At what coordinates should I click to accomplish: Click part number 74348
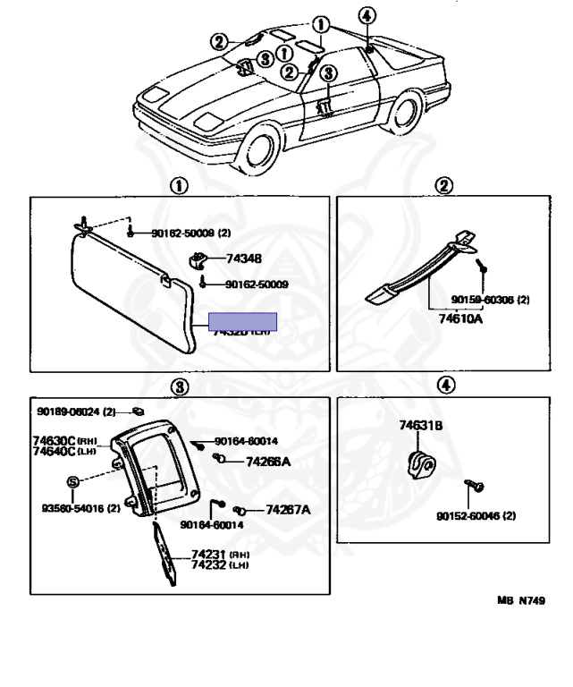(244, 259)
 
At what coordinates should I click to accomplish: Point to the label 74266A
(268, 462)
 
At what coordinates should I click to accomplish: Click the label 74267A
(288, 510)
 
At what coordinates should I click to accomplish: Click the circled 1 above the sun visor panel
(179, 186)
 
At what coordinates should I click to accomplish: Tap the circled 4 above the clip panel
(445, 386)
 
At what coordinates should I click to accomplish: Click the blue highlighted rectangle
(243, 322)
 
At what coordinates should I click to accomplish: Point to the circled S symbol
(73, 482)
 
